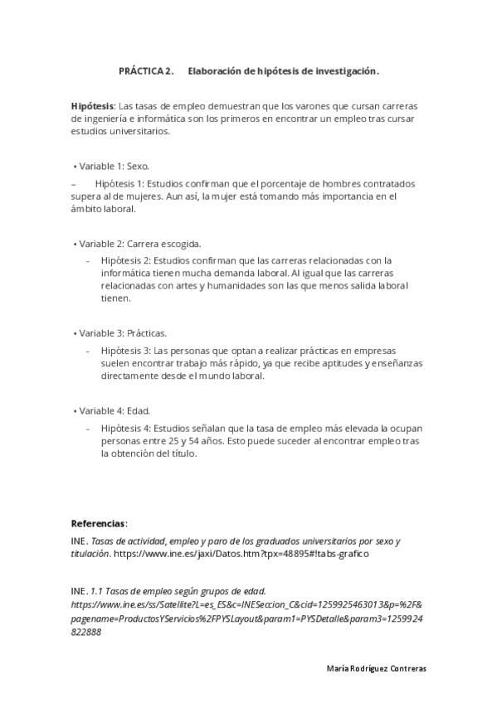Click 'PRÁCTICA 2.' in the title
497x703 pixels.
tap(146, 71)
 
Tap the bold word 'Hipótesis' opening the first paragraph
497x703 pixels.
tap(92, 106)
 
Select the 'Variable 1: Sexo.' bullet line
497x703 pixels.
tap(113, 166)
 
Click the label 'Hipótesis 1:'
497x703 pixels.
tap(119, 183)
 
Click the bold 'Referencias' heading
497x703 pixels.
tap(99, 523)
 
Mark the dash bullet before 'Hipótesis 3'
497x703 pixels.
tap(89, 351)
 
